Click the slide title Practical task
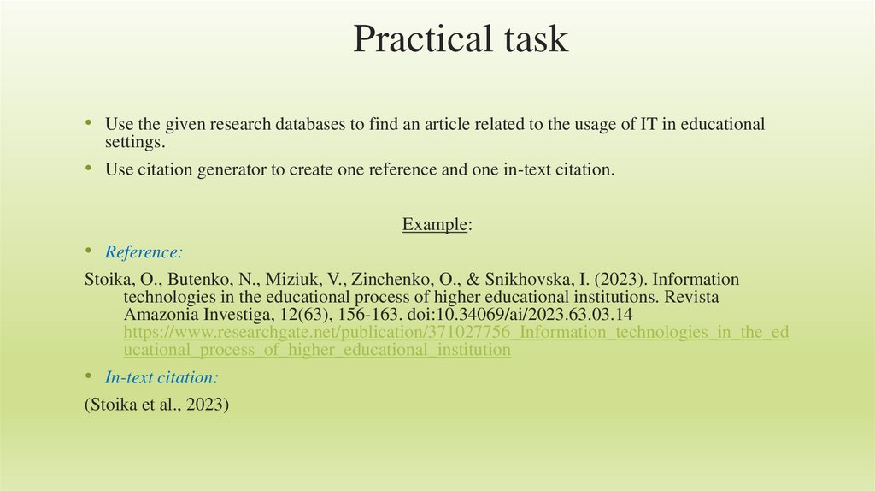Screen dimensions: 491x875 pyautogui.click(x=461, y=39)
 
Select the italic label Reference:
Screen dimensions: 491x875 pyautogui.click(x=144, y=252)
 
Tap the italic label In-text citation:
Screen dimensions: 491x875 pyautogui.click(x=161, y=377)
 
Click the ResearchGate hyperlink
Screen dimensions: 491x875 pyautogui.click(x=456, y=341)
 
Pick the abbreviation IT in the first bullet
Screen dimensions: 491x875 pyautogui.click(x=649, y=124)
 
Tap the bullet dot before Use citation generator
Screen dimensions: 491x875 pyautogui.click(x=89, y=169)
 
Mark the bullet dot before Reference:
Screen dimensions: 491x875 pyautogui.click(x=89, y=251)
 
